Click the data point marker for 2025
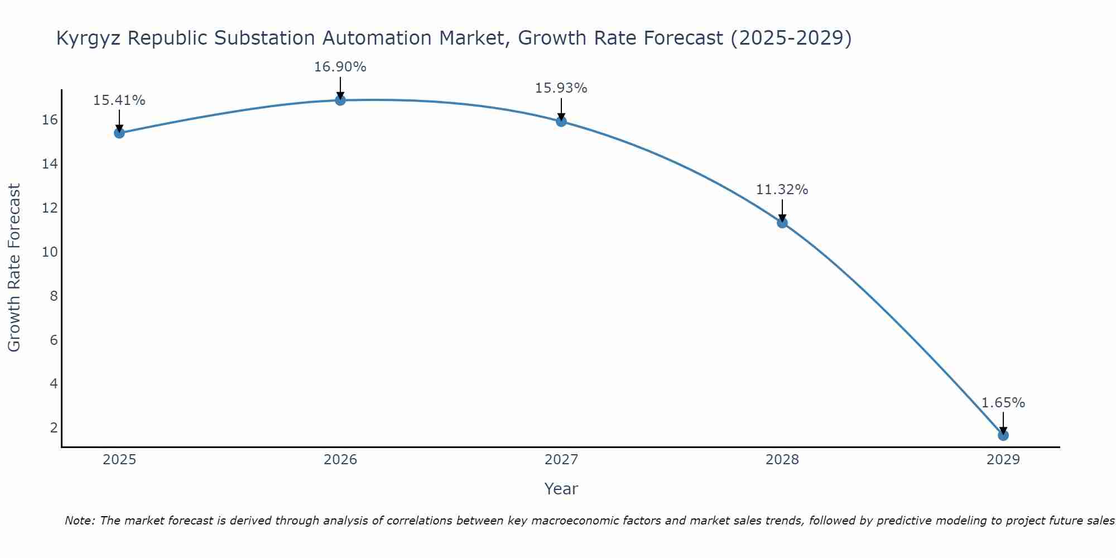pos(119,133)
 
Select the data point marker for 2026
pos(340,100)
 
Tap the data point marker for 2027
pos(561,121)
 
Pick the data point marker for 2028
pos(782,223)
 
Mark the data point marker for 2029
pos(1003,435)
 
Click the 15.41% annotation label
pos(119,100)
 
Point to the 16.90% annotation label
pos(340,67)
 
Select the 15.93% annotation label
pos(561,88)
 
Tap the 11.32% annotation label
pos(782,190)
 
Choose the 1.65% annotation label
pos(1003,403)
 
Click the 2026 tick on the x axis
pos(340,460)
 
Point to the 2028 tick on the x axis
pos(782,460)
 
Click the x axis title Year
pos(561,489)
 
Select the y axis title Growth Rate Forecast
pos(14,268)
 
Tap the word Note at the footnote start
pos(80,521)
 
